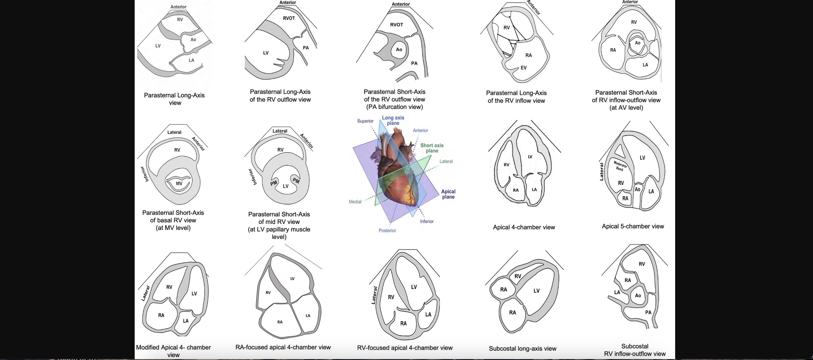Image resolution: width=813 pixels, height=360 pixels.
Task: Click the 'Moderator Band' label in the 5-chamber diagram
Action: tap(620, 166)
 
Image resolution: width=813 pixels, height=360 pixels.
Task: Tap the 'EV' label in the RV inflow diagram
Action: tap(523, 67)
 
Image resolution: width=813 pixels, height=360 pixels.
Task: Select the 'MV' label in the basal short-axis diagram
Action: tap(179, 183)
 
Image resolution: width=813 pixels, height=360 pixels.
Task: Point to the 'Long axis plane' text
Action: tap(393, 120)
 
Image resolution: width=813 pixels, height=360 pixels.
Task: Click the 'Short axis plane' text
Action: tap(432, 148)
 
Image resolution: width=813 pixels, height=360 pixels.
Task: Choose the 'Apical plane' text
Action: tap(448, 194)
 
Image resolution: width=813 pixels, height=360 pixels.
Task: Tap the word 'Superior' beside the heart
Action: tap(365, 121)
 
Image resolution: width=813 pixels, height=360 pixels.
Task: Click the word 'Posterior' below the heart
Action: tap(387, 230)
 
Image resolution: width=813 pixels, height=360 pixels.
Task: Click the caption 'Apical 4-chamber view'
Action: tap(524, 227)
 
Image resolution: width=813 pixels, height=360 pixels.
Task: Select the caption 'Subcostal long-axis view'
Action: tap(523, 349)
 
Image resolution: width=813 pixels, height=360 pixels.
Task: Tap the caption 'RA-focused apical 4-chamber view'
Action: tap(283, 347)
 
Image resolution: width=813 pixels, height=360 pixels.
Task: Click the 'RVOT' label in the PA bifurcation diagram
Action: tap(396, 25)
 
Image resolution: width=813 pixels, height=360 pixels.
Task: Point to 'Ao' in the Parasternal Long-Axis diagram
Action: tap(193, 40)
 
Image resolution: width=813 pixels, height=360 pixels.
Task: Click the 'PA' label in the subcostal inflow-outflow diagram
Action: tap(648, 312)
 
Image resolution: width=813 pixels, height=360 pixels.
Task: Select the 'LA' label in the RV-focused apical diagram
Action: tap(428, 314)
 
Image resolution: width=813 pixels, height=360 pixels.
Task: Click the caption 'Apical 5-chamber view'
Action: tap(633, 226)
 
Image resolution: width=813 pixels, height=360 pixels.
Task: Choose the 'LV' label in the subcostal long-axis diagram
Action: tap(536, 291)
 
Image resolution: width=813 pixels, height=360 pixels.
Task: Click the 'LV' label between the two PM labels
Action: tap(286, 186)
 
